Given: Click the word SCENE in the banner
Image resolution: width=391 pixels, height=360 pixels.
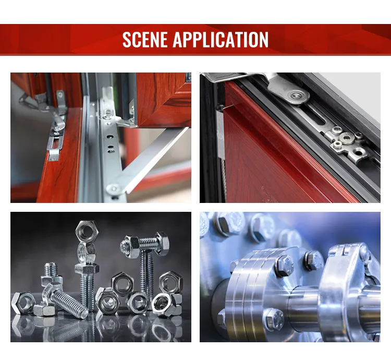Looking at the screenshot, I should coord(145,40).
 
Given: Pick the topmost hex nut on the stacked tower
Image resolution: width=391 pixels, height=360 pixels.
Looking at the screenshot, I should coord(85,230).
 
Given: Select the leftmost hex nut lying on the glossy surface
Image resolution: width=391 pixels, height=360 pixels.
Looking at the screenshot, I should coord(22,302).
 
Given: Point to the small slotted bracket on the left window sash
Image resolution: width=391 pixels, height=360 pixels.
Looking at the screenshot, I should coord(55,149).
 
